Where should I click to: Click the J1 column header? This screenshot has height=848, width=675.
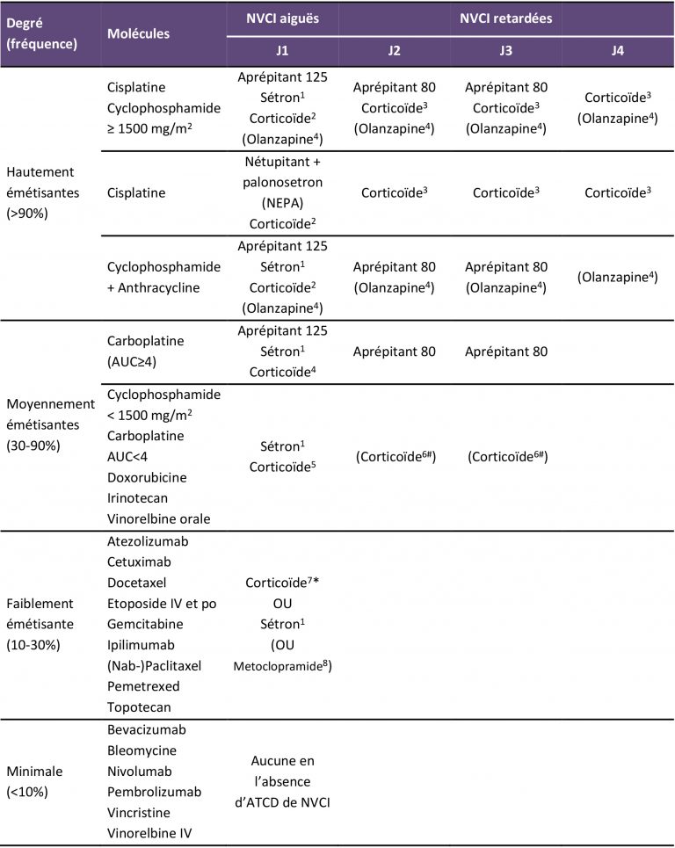click(x=281, y=51)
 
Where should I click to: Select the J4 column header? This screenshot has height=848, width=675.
click(x=618, y=51)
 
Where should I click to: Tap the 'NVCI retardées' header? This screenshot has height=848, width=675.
click(x=505, y=17)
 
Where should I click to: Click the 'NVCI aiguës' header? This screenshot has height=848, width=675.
click(x=282, y=17)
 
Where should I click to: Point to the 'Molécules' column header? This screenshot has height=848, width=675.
click(x=139, y=33)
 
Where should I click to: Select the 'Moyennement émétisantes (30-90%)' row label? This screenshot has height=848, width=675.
click(x=50, y=422)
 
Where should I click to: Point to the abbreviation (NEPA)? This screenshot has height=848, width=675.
click(x=282, y=204)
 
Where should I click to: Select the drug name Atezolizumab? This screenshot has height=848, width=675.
click(x=149, y=541)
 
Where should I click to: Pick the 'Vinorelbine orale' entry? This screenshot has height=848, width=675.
click(x=158, y=518)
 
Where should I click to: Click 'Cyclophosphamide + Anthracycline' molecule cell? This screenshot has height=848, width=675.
click(x=163, y=277)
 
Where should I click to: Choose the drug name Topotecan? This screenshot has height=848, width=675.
click(x=137, y=707)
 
